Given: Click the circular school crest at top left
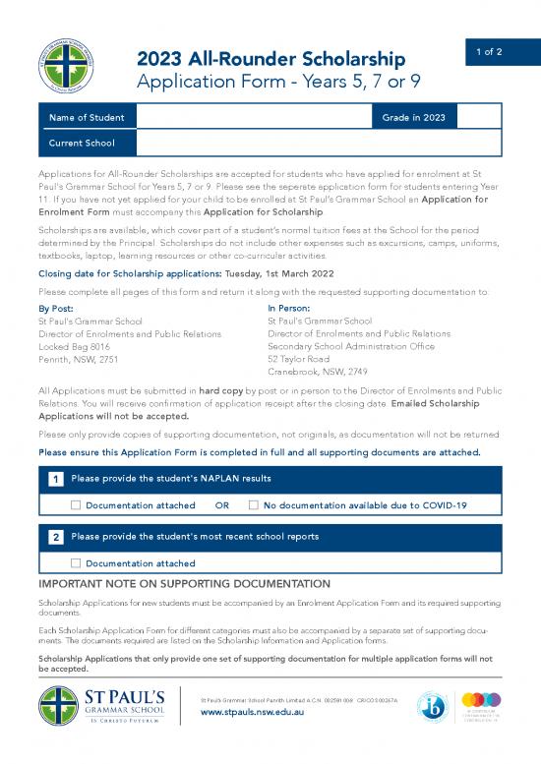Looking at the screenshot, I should point(70,67).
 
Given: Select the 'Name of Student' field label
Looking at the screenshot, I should point(87,118).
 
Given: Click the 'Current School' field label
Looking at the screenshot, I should point(82,144).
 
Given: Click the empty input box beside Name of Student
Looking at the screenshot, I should point(253,118).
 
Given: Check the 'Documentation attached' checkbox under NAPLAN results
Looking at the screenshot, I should point(76,505).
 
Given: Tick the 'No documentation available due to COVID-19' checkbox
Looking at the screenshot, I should point(254,505).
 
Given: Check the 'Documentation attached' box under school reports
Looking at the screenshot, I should point(76,563).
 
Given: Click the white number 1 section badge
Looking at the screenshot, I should point(58,479).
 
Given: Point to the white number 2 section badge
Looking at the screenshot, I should point(58,538).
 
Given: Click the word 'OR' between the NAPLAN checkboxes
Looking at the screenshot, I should point(222,505).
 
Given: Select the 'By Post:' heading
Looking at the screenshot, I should point(56,308).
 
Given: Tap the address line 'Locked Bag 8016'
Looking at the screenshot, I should point(74,346).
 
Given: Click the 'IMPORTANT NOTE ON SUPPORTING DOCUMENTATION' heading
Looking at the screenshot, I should point(183,584).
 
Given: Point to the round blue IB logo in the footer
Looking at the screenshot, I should point(432,707).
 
